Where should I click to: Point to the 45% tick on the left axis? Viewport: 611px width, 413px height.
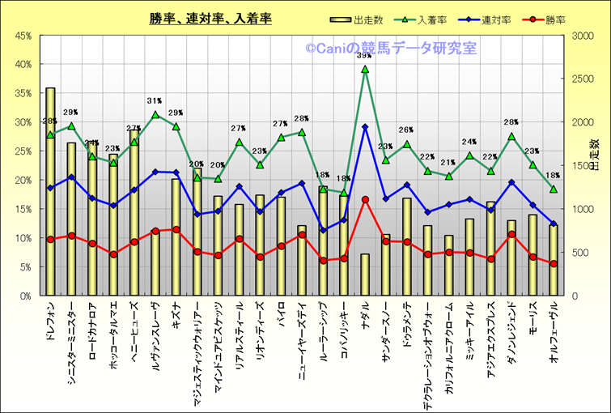(23, 36)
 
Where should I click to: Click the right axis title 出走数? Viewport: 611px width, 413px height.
(595, 154)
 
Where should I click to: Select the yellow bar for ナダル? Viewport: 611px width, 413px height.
(365, 275)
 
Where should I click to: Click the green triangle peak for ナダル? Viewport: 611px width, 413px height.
(365, 70)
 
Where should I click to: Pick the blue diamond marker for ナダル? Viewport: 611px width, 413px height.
(365, 127)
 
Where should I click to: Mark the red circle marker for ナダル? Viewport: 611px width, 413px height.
(365, 199)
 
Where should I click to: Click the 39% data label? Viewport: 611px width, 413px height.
(364, 56)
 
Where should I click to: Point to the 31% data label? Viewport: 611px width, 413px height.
(155, 101)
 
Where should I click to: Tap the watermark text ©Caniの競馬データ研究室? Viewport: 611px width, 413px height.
(390, 49)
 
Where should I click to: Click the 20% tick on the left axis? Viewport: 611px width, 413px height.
(23, 181)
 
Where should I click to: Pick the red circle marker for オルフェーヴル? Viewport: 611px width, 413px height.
(554, 264)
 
